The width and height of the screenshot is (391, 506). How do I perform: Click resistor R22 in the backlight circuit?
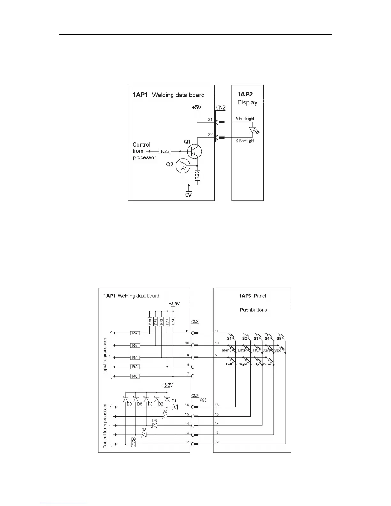165,151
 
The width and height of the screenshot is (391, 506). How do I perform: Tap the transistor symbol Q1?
194,150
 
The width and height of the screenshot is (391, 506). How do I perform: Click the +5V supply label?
196,108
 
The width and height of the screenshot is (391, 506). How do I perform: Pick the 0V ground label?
188,195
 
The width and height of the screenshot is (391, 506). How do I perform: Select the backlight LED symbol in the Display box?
253,130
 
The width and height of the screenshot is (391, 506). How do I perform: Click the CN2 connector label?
221,108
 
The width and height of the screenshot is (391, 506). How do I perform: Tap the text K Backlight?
245,141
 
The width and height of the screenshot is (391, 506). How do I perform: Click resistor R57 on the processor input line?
135,333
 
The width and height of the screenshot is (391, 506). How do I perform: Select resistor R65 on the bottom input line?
135,376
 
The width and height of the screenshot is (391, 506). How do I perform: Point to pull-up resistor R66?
150,322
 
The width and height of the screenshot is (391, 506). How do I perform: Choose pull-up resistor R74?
173,322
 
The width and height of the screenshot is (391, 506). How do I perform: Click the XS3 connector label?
203,400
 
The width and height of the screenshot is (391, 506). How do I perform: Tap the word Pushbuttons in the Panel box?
253,310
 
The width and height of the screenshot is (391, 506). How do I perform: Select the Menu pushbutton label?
226,350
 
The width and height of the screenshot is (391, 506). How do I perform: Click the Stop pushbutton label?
278,350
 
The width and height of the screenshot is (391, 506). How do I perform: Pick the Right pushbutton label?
242,364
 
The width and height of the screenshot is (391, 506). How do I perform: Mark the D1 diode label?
174,401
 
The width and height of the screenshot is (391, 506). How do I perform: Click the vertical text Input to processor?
105,356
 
